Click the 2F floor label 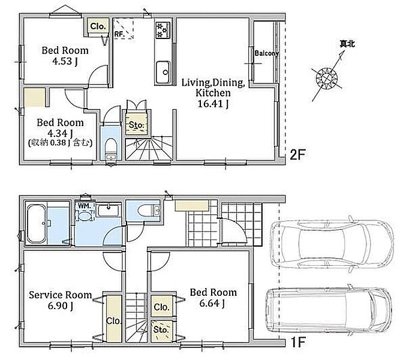pyautogui.click(x=297, y=155)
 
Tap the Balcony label pyautogui.click(x=266, y=53)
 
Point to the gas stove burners pyautogui.click(x=163, y=30)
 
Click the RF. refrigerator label pyautogui.click(x=119, y=34)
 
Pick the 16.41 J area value pyautogui.click(x=213, y=104)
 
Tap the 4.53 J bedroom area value pyautogui.click(x=65, y=61)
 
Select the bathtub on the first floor pyautogui.click(x=37, y=224)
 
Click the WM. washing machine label pyautogui.click(x=84, y=206)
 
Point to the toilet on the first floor pyautogui.click(x=149, y=211)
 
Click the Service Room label pyautogui.click(x=61, y=295)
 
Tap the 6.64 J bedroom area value pyautogui.click(x=212, y=303)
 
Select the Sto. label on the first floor pyautogui.click(x=161, y=329)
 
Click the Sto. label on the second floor pyautogui.click(x=137, y=125)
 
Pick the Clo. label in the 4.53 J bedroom pyautogui.click(x=98, y=26)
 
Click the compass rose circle pyautogui.click(x=327, y=78)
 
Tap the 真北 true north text pyautogui.click(x=347, y=44)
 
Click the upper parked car pyautogui.click(x=332, y=244)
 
